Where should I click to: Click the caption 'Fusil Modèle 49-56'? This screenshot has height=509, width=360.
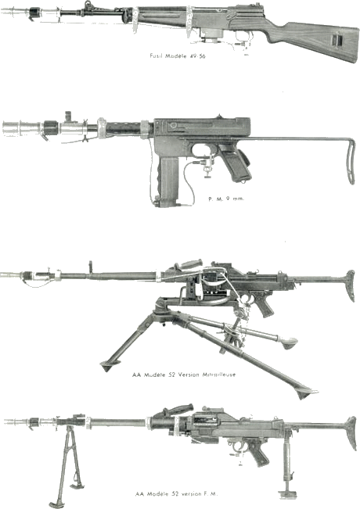[178, 56]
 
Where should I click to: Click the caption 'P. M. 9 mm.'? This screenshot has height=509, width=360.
[226, 199]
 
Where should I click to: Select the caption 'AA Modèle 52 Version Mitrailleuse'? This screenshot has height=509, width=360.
[184, 375]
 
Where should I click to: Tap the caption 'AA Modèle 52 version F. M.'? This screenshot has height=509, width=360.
[176, 493]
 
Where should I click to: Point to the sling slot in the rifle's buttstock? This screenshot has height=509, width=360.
[337, 40]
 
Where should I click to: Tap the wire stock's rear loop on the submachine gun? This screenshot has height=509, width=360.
[351, 163]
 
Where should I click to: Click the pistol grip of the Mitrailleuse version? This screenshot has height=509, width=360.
[264, 304]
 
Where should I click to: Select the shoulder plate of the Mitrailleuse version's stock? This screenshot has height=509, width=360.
[351, 285]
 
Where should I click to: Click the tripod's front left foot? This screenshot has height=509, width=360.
[108, 367]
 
